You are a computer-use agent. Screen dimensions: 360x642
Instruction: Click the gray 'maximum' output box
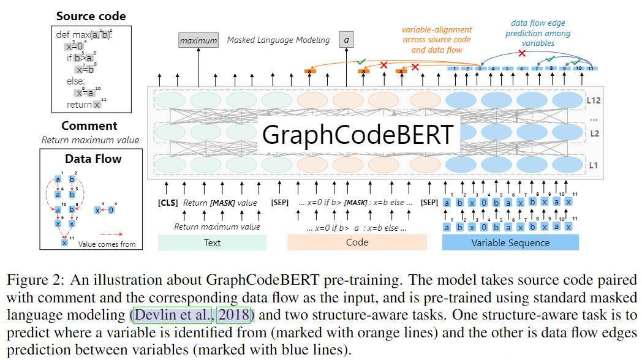pos(198,40)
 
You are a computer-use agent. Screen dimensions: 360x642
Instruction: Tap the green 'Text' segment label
pos(212,242)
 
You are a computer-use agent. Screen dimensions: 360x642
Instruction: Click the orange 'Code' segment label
pos(357,242)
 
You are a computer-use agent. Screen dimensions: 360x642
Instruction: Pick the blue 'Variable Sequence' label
pos(510,242)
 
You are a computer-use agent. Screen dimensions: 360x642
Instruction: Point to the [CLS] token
pos(168,203)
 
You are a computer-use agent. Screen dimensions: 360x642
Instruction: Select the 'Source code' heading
pos(91,16)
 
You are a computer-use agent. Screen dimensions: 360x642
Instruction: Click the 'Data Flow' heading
pos(93,159)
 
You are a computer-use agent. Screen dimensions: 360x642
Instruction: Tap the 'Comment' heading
pos(89,126)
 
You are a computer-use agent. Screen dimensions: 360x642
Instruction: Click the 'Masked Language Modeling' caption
pos(278,40)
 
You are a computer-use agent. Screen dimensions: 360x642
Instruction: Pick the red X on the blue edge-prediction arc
pos(522,53)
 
